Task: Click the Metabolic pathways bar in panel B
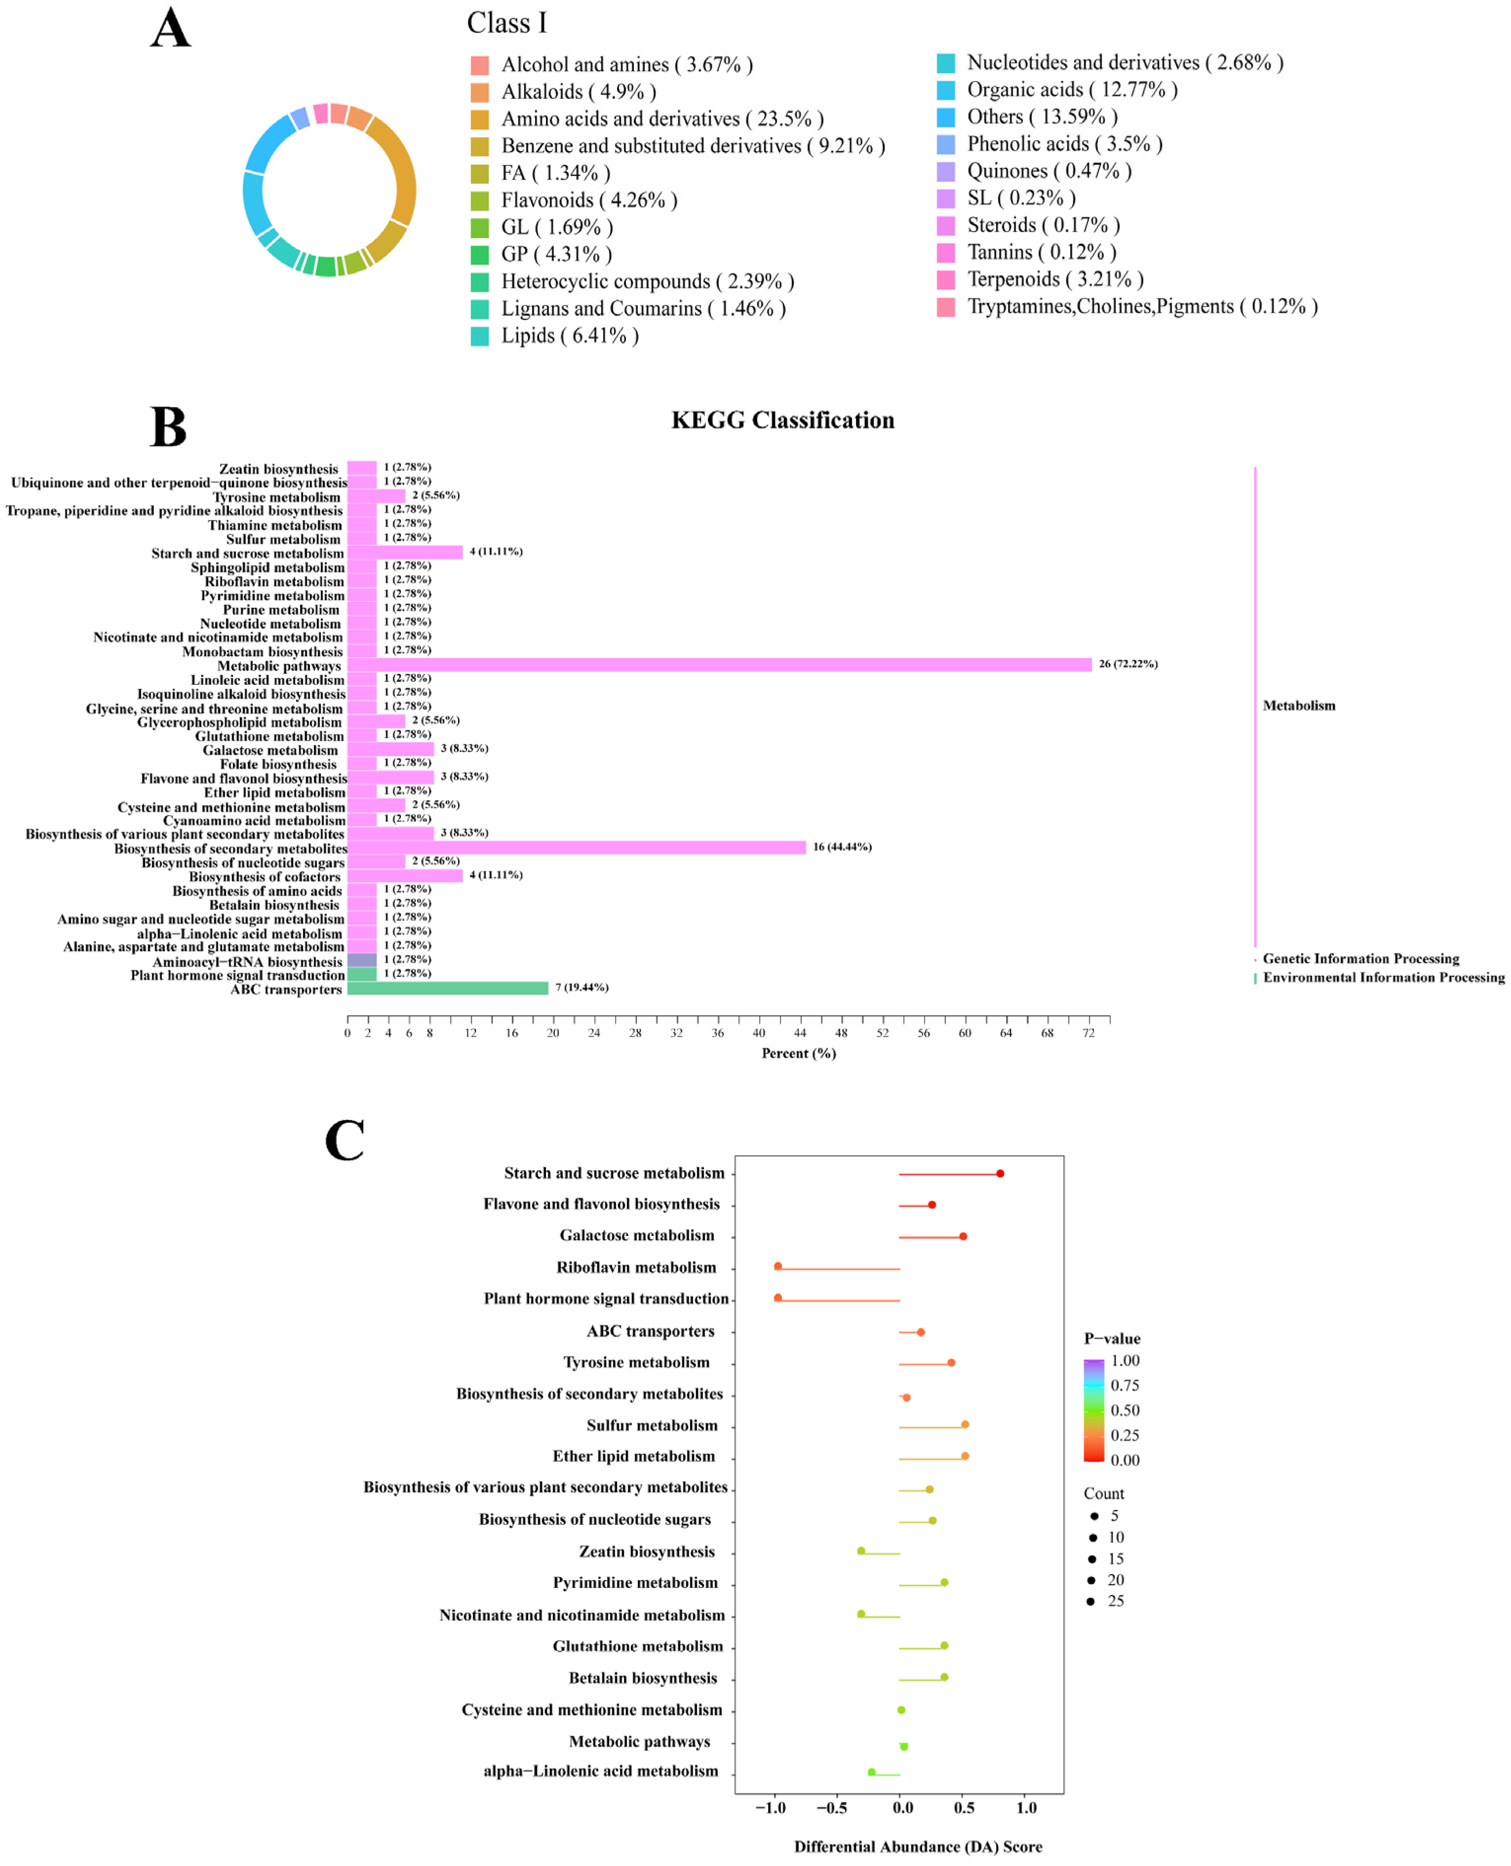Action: pyautogui.click(x=719, y=664)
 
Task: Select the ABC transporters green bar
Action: pyautogui.click(x=447, y=988)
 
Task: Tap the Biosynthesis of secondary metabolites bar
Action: pyautogui.click(x=576, y=847)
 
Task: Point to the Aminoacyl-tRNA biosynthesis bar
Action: pyautogui.click(x=362, y=959)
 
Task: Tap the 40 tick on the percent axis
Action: pyautogui.click(x=759, y=1032)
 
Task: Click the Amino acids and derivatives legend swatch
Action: pyautogui.click(x=480, y=119)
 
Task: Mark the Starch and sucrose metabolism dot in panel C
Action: pyautogui.click(x=1000, y=1174)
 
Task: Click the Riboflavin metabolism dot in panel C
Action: pyautogui.click(x=778, y=1267)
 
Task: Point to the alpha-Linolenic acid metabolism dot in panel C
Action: pyautogui.click(x=871, y=1772)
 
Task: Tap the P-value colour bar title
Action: pyautogui.click(x=1112, y=1338)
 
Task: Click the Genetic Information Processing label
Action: pyautogui.click(x=1360, y=959)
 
